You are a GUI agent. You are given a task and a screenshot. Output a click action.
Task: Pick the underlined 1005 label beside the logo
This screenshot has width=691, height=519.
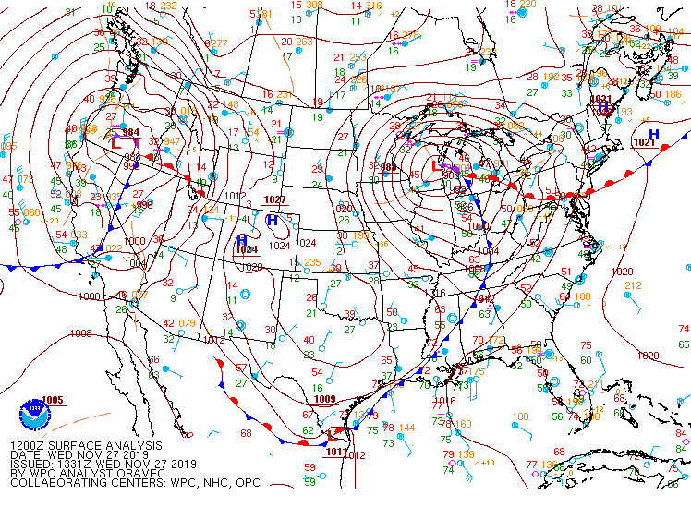53,400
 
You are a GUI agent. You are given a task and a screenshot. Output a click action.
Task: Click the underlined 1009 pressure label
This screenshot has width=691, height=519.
324,399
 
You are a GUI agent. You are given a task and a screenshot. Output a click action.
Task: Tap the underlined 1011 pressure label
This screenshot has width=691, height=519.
336,452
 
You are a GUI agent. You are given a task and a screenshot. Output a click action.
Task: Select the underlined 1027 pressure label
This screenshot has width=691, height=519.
274,199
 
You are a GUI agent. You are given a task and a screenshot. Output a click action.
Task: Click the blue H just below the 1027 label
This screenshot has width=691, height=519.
272,221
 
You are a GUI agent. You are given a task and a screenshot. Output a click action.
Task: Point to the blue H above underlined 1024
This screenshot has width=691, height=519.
241,240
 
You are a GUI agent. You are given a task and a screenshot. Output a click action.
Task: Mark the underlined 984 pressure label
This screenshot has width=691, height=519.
131,132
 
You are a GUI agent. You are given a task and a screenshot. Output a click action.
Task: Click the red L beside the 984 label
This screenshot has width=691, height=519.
115,143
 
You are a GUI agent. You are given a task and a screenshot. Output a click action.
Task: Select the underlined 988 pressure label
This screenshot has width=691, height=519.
388,167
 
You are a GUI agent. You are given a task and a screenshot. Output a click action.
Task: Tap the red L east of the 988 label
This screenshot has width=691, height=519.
436,167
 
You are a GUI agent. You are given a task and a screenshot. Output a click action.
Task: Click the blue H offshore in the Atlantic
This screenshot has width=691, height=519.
653,135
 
